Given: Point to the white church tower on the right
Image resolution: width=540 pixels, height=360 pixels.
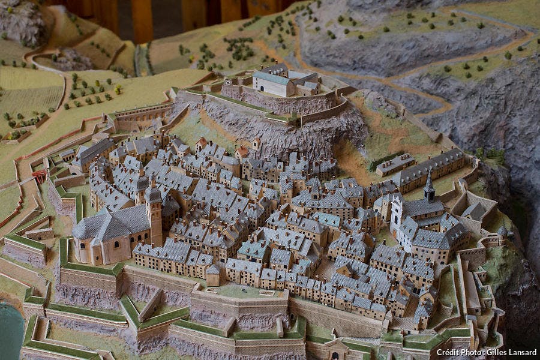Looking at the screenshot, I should pyautogui.click(x=396, y=216).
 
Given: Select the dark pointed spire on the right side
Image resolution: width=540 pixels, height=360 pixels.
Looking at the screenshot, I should pyautogui.click(x=429, y=183).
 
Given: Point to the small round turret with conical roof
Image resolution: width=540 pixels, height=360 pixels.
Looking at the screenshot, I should pyautogui.click(x=502, y=230).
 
